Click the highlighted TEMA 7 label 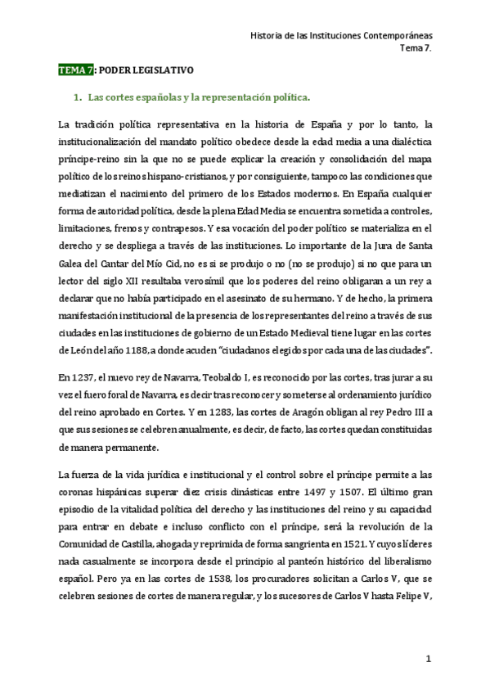pos(76,71)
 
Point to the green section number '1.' pos(79,98)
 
